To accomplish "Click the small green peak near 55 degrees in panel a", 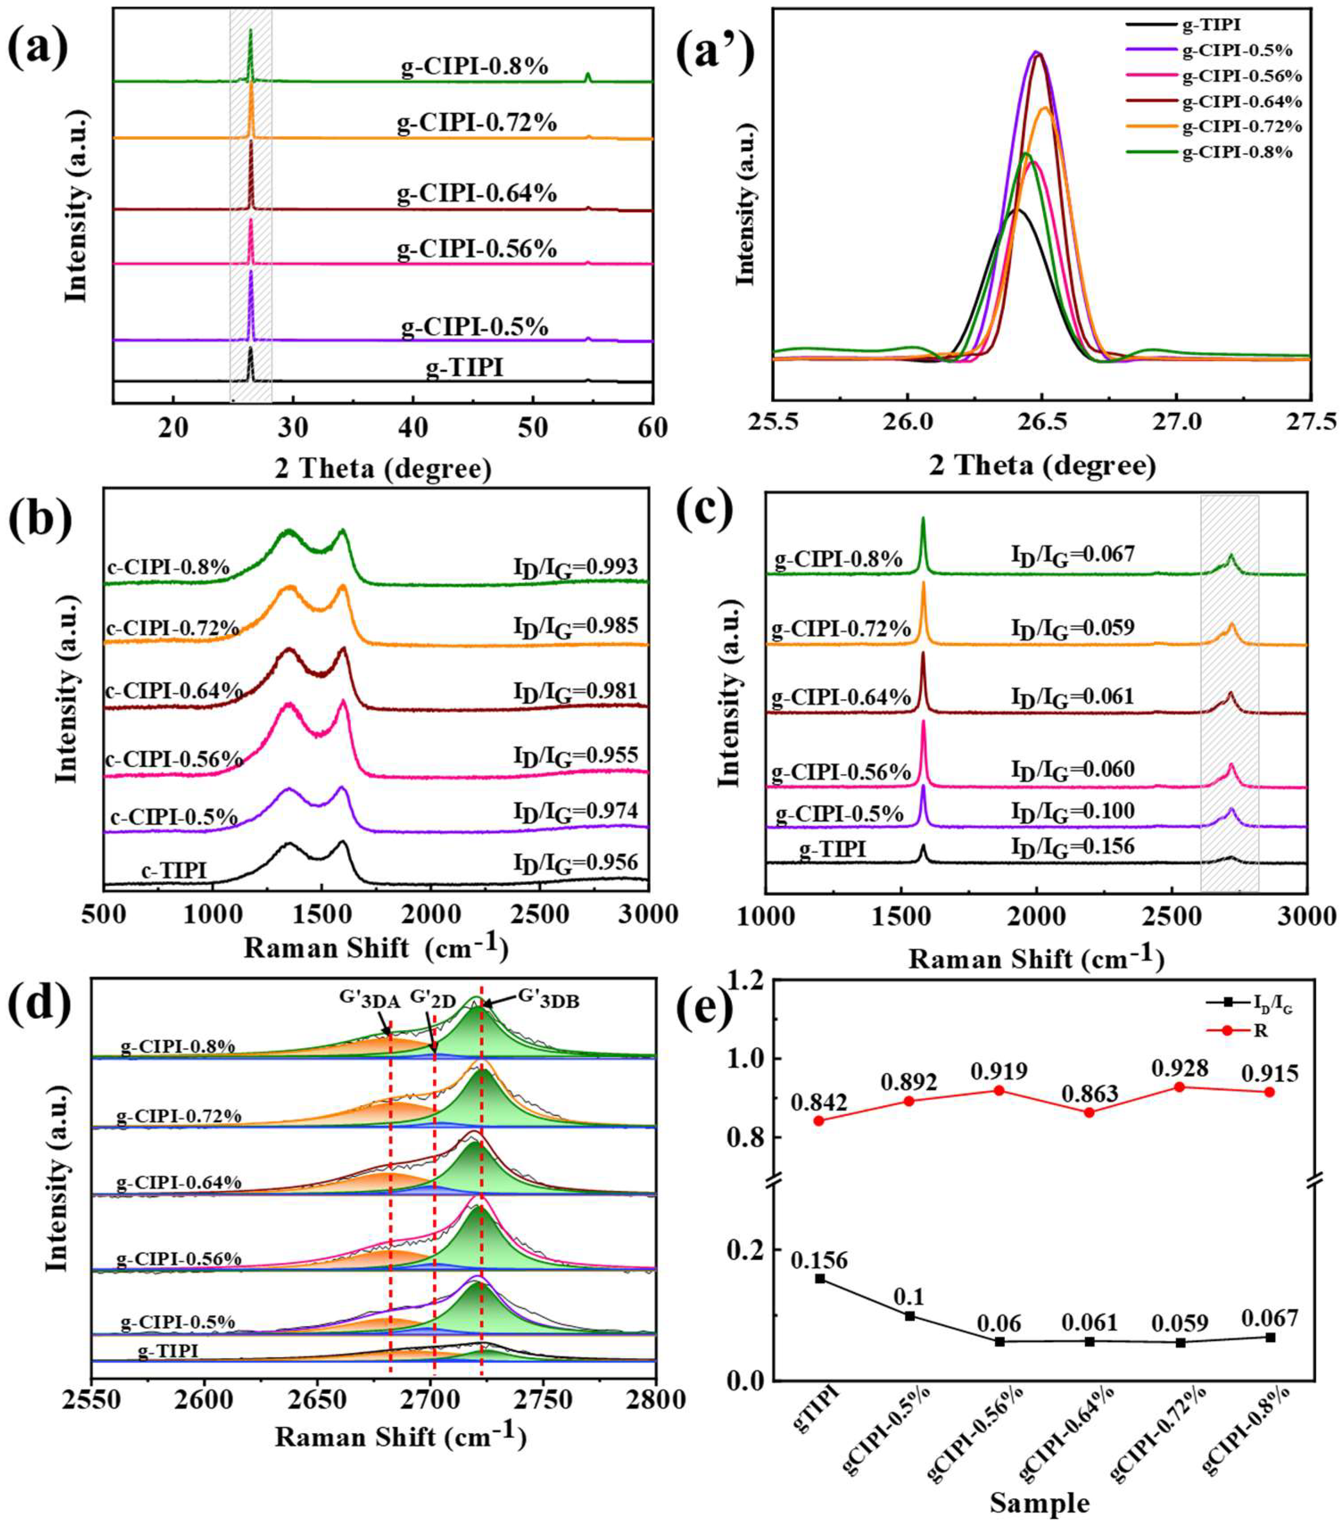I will [x=588, y=77].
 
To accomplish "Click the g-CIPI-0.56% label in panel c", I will [x=841, y=771].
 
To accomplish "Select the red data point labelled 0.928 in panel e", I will [x=1180, y=1087].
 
